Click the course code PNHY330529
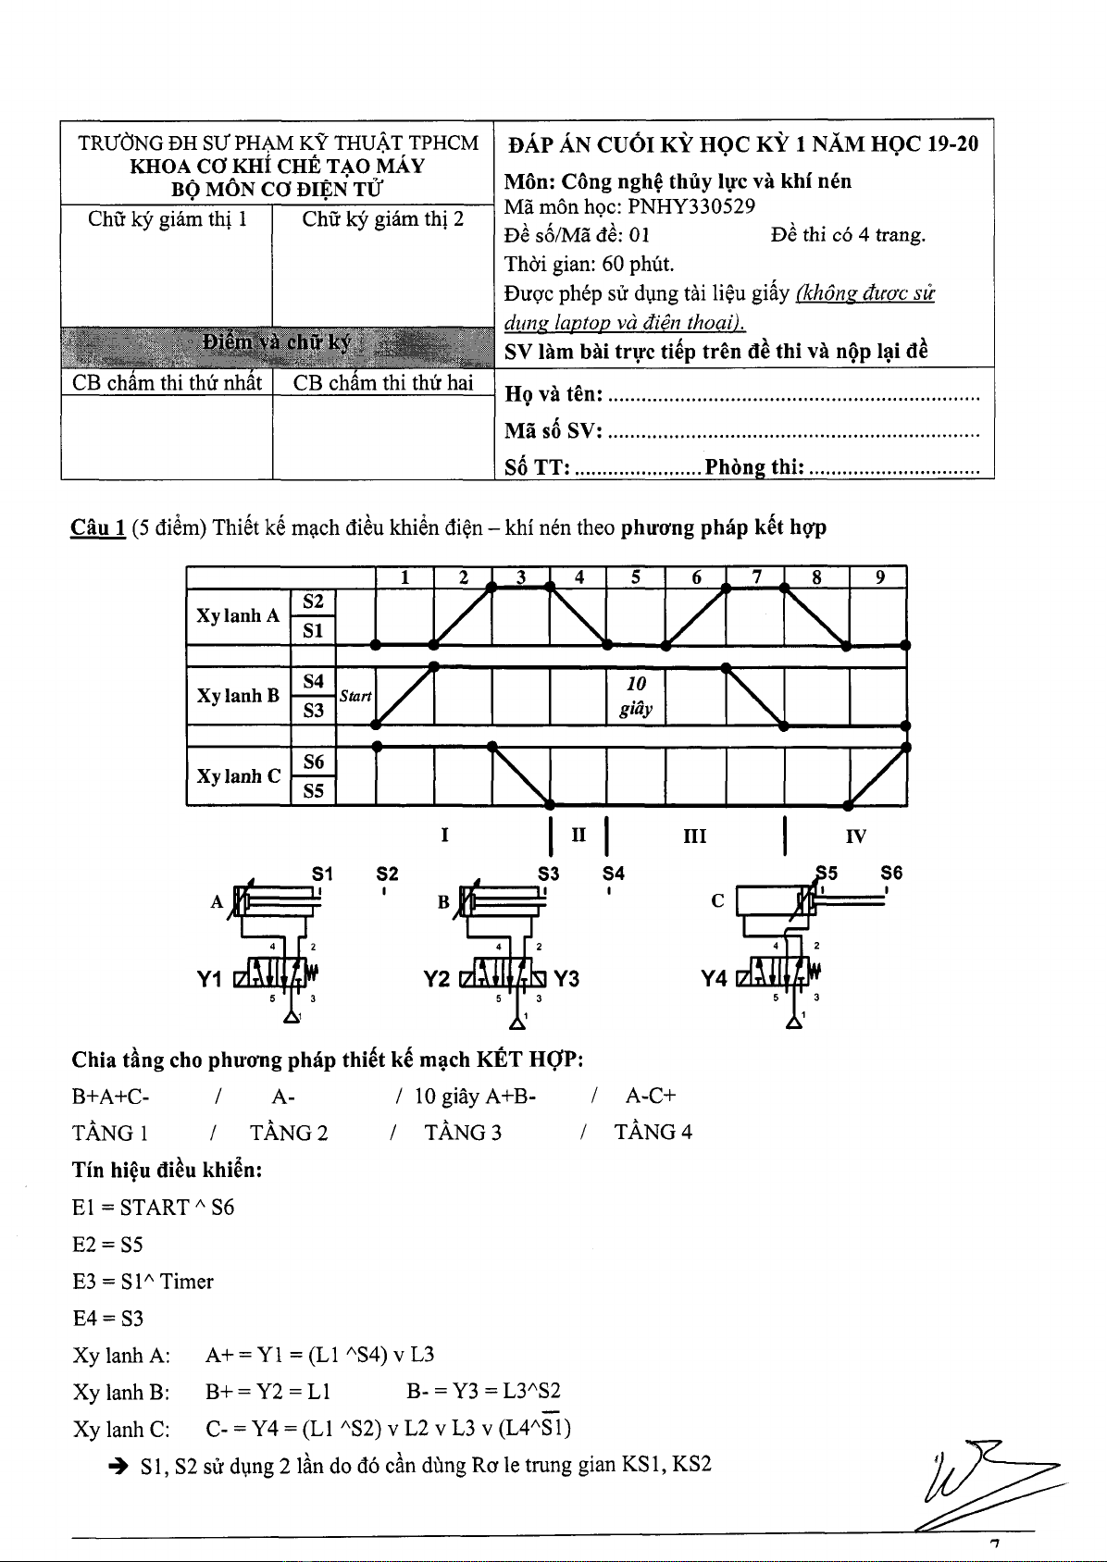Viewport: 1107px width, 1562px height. click(690, 206)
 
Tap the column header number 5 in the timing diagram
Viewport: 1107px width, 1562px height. click(636, 577)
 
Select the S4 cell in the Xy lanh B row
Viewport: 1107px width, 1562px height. click(314, 682)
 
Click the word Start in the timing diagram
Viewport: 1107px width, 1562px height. click(355, 695)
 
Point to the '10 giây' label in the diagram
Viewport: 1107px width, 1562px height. click(636, 696)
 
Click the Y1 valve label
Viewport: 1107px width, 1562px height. click(211, 979)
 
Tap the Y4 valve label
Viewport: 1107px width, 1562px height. click(715, 979)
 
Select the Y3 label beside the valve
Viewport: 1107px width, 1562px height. click(566, 979)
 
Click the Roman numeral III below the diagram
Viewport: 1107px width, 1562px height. click(694, 837)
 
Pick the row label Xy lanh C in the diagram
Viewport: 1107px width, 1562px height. click(238, 776)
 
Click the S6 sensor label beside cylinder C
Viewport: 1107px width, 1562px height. click(890, 873)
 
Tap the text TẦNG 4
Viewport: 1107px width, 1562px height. click(653, 1133)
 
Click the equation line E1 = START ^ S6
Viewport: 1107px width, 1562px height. click(153, 1208)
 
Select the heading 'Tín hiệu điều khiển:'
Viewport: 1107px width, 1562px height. click(168, 1171)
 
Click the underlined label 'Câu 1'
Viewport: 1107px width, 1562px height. click(98, 528)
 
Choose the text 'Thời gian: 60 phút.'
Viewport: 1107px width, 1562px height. click(589, 265)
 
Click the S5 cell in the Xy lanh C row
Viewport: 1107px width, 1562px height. click(314, 791)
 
